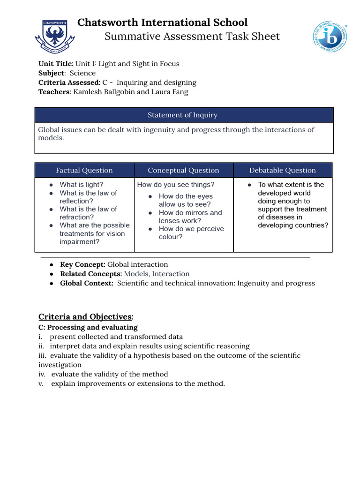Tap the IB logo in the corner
click(x=330, y=37)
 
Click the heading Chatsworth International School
click(x=162, y=22)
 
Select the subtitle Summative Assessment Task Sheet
click(x=192, y=37)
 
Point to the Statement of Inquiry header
click(x=182, y=115)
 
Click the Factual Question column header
click(x=84, y=170)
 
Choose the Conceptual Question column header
click(x=183, y=170)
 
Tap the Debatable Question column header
click(x=282, y=170)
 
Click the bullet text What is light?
click(x=82, y=185)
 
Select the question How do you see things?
click(x=176, y=185)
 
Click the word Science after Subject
click(x=82, y=73)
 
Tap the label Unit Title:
click(x=56, y=64)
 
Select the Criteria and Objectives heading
click(x=86, y=317)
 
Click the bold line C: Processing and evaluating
click(x=88, y=327)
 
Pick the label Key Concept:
click(x=82, y=264)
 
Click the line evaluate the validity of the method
click(x=109, y=374)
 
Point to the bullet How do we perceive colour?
click(x=191, y=233)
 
